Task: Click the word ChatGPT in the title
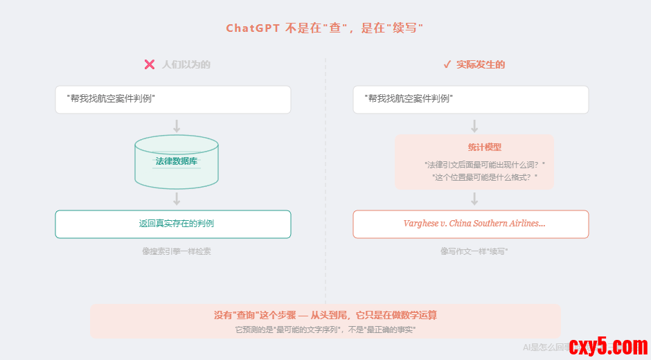click(253, 28)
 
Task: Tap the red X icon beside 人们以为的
click(149, 64)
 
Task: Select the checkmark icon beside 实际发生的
click(447, 64)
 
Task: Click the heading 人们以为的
click(186, 64)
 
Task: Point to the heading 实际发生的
click(481, 64)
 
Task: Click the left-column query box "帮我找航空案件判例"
click(173, 99)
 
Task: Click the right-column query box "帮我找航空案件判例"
click(471, 99)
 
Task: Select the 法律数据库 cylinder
click(177, 162)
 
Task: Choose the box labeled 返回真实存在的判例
click(173, 224)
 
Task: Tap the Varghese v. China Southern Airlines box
click(471, 224)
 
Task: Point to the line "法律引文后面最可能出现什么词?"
click(485, 165)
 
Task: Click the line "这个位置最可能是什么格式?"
click(485, 177)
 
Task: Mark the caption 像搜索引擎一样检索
click(177, 251)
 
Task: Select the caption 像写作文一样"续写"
click(474, 251)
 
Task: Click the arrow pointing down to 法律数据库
click(177, 126)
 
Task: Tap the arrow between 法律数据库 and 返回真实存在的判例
click(177, 199)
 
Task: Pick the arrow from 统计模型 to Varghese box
click(474, 199)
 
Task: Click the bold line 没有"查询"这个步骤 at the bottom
click(325, 315)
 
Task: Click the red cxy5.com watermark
click(607, 345)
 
